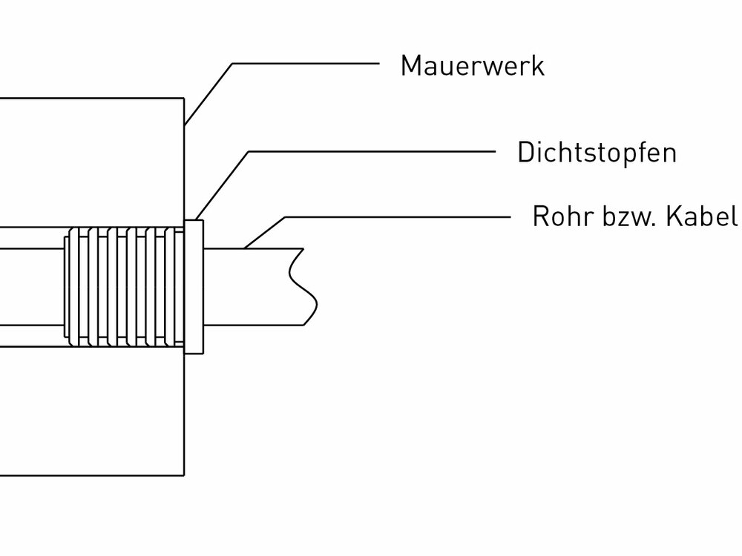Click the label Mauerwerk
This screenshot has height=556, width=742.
[472, 66]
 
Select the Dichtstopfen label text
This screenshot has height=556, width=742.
[597, 153]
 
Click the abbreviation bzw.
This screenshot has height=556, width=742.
[623, 219]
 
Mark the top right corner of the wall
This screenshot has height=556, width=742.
[183, 99]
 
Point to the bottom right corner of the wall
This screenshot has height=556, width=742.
[183, 474]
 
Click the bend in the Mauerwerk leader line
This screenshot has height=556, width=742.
[232, 64]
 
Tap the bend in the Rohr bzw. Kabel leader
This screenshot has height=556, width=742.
[286, 217]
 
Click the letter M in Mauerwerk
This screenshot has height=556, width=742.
[409, 66]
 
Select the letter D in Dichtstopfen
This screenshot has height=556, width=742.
[525, 153]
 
